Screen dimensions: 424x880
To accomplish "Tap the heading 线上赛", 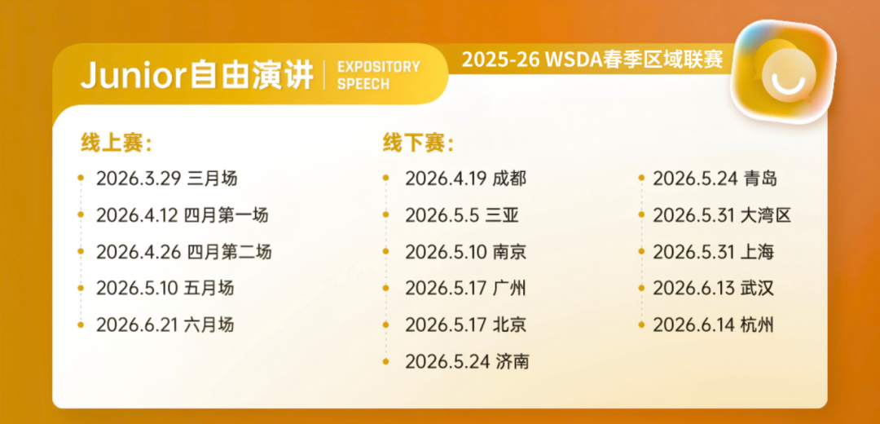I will tap(117, 143).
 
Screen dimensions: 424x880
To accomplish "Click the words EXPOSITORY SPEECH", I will tap(378, 75).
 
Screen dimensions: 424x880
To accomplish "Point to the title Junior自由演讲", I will tap(196, 75).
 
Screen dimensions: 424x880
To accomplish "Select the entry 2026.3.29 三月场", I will tap(166, 178).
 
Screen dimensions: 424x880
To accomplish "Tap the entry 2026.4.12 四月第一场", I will tap(182, 215).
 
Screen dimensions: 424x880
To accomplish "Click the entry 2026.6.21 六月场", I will tap(165, 325).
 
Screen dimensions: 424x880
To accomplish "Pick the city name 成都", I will tap(510, 179).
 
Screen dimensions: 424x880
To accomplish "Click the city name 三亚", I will tap(502, 215).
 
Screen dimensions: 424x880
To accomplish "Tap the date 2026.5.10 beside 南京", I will tap(446, 252).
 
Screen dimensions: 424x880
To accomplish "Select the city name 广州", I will tap(510, 288).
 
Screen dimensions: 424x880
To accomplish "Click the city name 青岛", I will tap(759, 179).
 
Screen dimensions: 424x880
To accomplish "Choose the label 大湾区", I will tap(766, 215).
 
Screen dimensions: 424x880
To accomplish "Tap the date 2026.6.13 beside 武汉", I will tap(693, 288).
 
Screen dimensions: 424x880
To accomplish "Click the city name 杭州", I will tap(758, 325).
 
